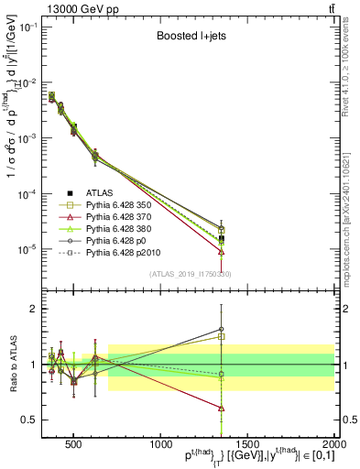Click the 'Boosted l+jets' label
pos(188,38)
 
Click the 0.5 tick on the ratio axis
pos(37,420)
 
